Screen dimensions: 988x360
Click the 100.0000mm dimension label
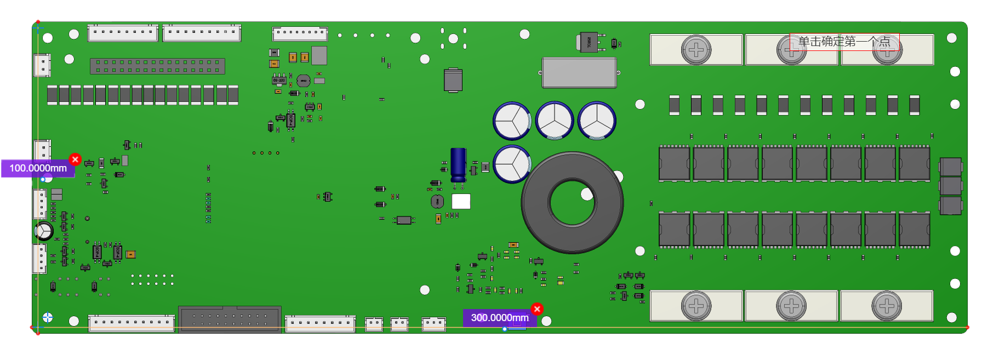pos(38,168)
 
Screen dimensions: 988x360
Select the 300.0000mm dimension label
pos(499,318)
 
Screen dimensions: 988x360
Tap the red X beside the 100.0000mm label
pos(76,159)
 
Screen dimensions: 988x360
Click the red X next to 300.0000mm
pos(537,309)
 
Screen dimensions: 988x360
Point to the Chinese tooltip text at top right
pos(844,42)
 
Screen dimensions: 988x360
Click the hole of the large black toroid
pos(572,203)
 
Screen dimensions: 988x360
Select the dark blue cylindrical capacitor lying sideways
pos(458,164)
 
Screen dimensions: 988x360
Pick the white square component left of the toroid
pos(461,202)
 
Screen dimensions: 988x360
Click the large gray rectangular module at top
pos(579,73)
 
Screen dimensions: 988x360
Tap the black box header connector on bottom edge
pos(230,319)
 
